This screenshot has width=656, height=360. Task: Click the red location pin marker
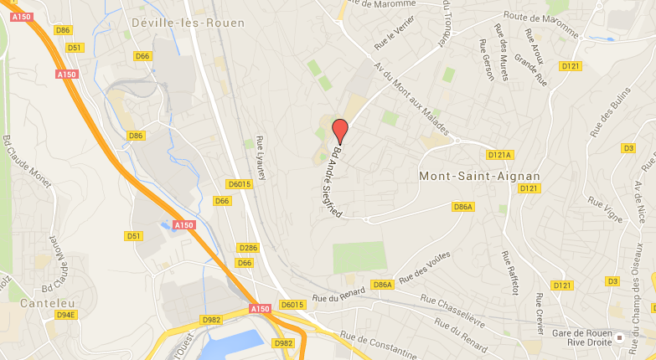pyautogui.click(x=339, y=131)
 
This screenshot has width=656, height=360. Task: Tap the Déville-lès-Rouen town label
pyautogui.click(x=189, y=23)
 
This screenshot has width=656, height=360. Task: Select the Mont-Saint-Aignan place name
pyautogui.click(x=478, y=176)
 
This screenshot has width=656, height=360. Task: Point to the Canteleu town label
pyautogui.click(x=43, y=301)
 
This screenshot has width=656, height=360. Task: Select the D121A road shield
pyautogui.click(x=499, y=155)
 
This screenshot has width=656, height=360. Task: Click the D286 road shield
pyautogui.click(x=248, y=248)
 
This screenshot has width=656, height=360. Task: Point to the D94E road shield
pyautogui.click(x=65, y=315)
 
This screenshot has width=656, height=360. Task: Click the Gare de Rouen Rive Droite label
pyautogui.click(x=585, y=337)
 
